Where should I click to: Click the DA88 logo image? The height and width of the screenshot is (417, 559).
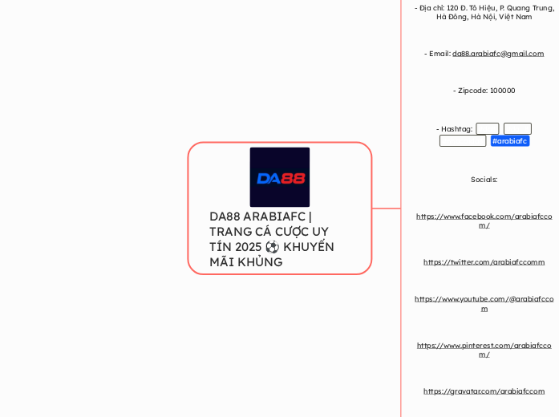pyautogui.click(x=279, y=177)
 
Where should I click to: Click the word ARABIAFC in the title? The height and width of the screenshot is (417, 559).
pyautogui.click(x=273, y=217)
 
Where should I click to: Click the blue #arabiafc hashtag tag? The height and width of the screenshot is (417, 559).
pyautogui.click(x=510, y=141)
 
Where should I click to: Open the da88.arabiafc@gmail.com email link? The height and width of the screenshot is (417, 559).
pyautogui.click(x=497, y=54)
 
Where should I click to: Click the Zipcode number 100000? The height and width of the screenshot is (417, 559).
pyautogui.click(x=501, y=91)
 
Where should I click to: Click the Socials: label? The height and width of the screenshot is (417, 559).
pyautogui.click(x=484, y=180)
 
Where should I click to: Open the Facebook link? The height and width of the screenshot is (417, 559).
pyautogui.click(x=484, y=217)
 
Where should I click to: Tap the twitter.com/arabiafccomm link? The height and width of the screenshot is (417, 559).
pyautogui.click(x=484, y=262)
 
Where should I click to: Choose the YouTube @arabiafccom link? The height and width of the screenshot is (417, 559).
pyautogui.click(x=484, y=299)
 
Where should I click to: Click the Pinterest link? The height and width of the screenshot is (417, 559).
pyautogui.click(x=484, y=346)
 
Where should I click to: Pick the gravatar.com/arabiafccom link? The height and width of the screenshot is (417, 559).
pyautogui.click(x=484, y=391)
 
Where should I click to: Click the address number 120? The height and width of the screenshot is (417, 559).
pyautogui.click(x=452, y=7)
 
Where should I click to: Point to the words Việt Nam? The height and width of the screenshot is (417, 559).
pyautogui.click(x=516, y=17)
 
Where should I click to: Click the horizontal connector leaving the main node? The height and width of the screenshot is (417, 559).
pyautogui.click(x=387, y=208)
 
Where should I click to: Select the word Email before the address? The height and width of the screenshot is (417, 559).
pyautogui.click(x=439, y=54)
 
